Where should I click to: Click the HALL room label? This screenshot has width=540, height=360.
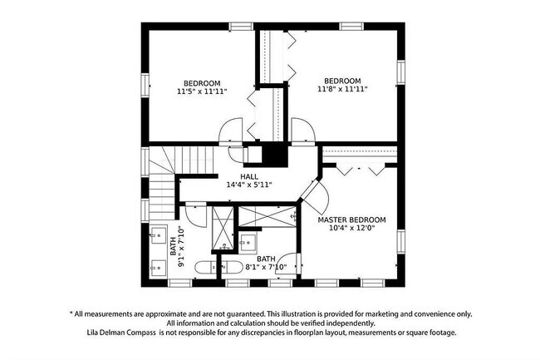(x=249, y=176)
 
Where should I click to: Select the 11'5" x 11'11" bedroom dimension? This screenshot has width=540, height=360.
(x=202, y=91)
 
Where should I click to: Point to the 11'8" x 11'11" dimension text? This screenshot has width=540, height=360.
(x=341, y=88)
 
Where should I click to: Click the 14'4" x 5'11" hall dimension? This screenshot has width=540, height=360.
(x=249, y=185)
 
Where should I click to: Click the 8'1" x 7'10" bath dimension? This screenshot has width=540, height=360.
(x=266, y=267)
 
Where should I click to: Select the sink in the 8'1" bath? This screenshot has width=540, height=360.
(x=248, y=244)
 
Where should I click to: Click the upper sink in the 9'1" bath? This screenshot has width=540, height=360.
(x=158, y=234)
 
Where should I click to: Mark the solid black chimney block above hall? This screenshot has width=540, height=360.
(x=272, y=155)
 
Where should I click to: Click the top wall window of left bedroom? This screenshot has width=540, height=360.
(x=242, y=27)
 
